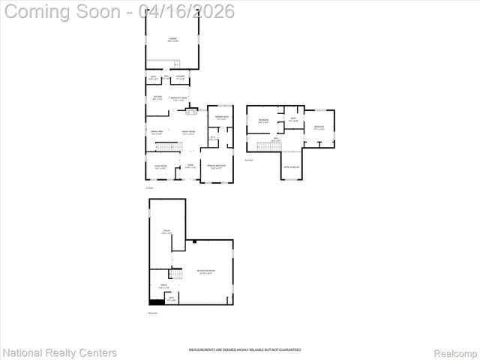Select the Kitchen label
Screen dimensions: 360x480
pos(157,98)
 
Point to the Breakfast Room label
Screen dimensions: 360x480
pos(178,99)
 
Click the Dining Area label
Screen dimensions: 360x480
pos(157,133)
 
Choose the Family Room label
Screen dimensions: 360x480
pos(187,133)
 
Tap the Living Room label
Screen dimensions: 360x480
pos(160,167)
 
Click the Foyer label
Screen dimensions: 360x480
pos(190,166)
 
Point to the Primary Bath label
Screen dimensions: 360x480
pos(222,118)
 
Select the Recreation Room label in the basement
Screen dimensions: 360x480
pos(205,271)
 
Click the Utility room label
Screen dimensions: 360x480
pos(166,232)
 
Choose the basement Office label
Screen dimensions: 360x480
pos(164,286)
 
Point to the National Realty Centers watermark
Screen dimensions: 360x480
pos(59,352)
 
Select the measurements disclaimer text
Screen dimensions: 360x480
pos(239,350)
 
